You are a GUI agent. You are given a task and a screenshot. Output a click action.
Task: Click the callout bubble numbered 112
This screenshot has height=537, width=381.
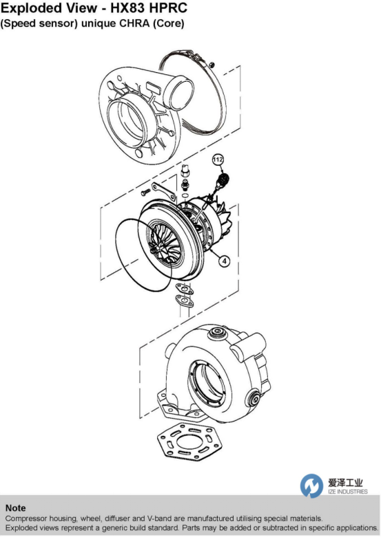(x=218, y=160)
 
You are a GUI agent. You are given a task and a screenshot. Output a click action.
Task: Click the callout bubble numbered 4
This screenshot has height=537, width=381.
(x=224, y=261)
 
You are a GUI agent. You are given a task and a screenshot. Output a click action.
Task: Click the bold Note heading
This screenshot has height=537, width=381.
(x=15, y=508)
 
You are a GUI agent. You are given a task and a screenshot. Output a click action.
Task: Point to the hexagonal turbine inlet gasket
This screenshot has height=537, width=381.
(x=189, y=442)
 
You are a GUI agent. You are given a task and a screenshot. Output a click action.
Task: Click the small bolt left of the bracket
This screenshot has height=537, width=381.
(x=145, y=192)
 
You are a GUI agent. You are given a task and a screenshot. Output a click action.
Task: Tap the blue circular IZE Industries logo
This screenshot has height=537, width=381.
(x=311, y=485)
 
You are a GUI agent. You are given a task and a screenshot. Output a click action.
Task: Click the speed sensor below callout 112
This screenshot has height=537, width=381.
(x=222, y=182)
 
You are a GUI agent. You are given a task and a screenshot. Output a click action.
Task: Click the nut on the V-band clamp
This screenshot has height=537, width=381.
(x=212, y=64)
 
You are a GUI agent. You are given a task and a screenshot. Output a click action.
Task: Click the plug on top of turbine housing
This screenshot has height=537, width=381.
(x=218, y=332)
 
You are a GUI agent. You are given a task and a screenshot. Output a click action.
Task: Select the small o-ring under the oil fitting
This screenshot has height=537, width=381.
(x=185, y=196)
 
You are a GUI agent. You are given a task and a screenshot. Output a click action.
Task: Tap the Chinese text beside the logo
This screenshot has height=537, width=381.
(x=345, y=483)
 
